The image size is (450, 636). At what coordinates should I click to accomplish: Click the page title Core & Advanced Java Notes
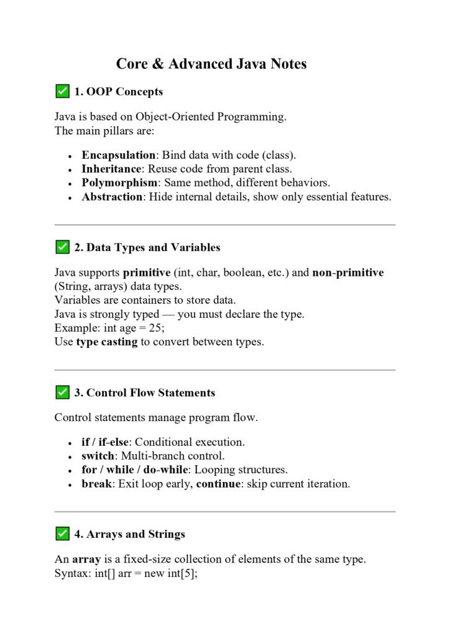click(211, 64)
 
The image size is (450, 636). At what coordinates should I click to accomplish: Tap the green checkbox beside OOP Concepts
click(62, 92)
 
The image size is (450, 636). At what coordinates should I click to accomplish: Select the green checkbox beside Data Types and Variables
click(62, 247)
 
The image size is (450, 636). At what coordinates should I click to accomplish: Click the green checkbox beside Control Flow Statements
click(62, 393)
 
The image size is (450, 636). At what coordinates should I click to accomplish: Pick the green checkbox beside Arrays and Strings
click(62, 534)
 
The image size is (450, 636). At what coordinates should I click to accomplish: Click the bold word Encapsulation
click(118, 155)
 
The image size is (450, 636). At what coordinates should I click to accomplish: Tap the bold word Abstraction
click(112, 197)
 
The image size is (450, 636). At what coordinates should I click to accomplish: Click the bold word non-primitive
click(348, 273)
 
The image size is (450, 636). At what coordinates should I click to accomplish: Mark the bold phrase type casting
click(106, 342)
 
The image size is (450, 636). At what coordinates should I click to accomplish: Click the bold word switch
click(98, 456)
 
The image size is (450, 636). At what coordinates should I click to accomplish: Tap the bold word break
click(96, 484)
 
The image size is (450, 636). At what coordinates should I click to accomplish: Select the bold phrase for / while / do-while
click(134, 470)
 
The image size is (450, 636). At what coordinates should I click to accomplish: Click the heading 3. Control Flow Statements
click(144, 393)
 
